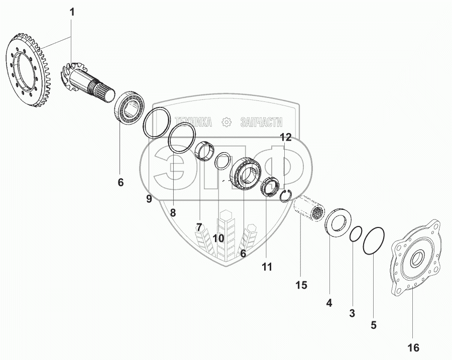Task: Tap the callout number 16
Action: point(413,347)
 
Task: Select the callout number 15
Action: point(300,286)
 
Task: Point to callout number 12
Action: point(285,137)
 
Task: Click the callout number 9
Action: point(149,199)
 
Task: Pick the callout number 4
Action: point(329,303)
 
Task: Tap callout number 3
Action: point(352,313)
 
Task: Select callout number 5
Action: point(373,324)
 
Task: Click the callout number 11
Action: point(267,267)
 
